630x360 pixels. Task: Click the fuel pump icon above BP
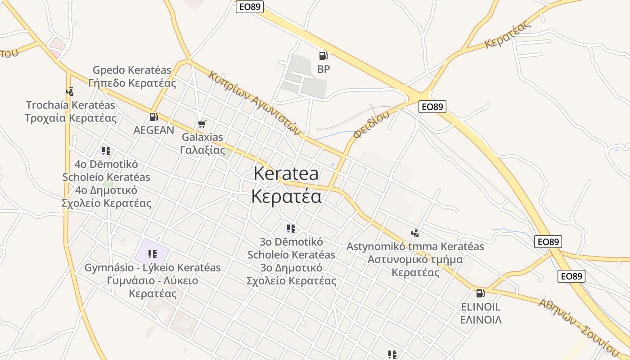tap(323, 55)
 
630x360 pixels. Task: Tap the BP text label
tap(324, 69)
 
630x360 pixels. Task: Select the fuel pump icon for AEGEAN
tap(153, 117)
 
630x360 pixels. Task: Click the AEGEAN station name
tap(153, 130)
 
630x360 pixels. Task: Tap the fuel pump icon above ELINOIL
tap(481, 293)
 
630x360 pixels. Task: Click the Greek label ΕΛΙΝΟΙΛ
tap(481, 320)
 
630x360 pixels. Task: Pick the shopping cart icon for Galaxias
tap(202, 124)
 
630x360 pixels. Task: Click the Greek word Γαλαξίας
tap(202, 150)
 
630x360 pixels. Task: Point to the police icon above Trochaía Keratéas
tap(70, 92)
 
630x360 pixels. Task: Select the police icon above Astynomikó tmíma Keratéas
tap(415, 233)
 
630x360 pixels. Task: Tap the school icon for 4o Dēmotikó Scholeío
tap(106, 150)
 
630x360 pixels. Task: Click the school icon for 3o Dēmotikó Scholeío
tap(291, 229)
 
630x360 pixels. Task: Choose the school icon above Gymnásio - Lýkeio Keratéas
tap(153, 254)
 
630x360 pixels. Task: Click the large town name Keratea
tap(286, 174)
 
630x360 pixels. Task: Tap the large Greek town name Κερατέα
tap(286, 196)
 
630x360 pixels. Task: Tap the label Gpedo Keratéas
tap(132, 70)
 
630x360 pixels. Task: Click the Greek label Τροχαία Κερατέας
tap(71, 118)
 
